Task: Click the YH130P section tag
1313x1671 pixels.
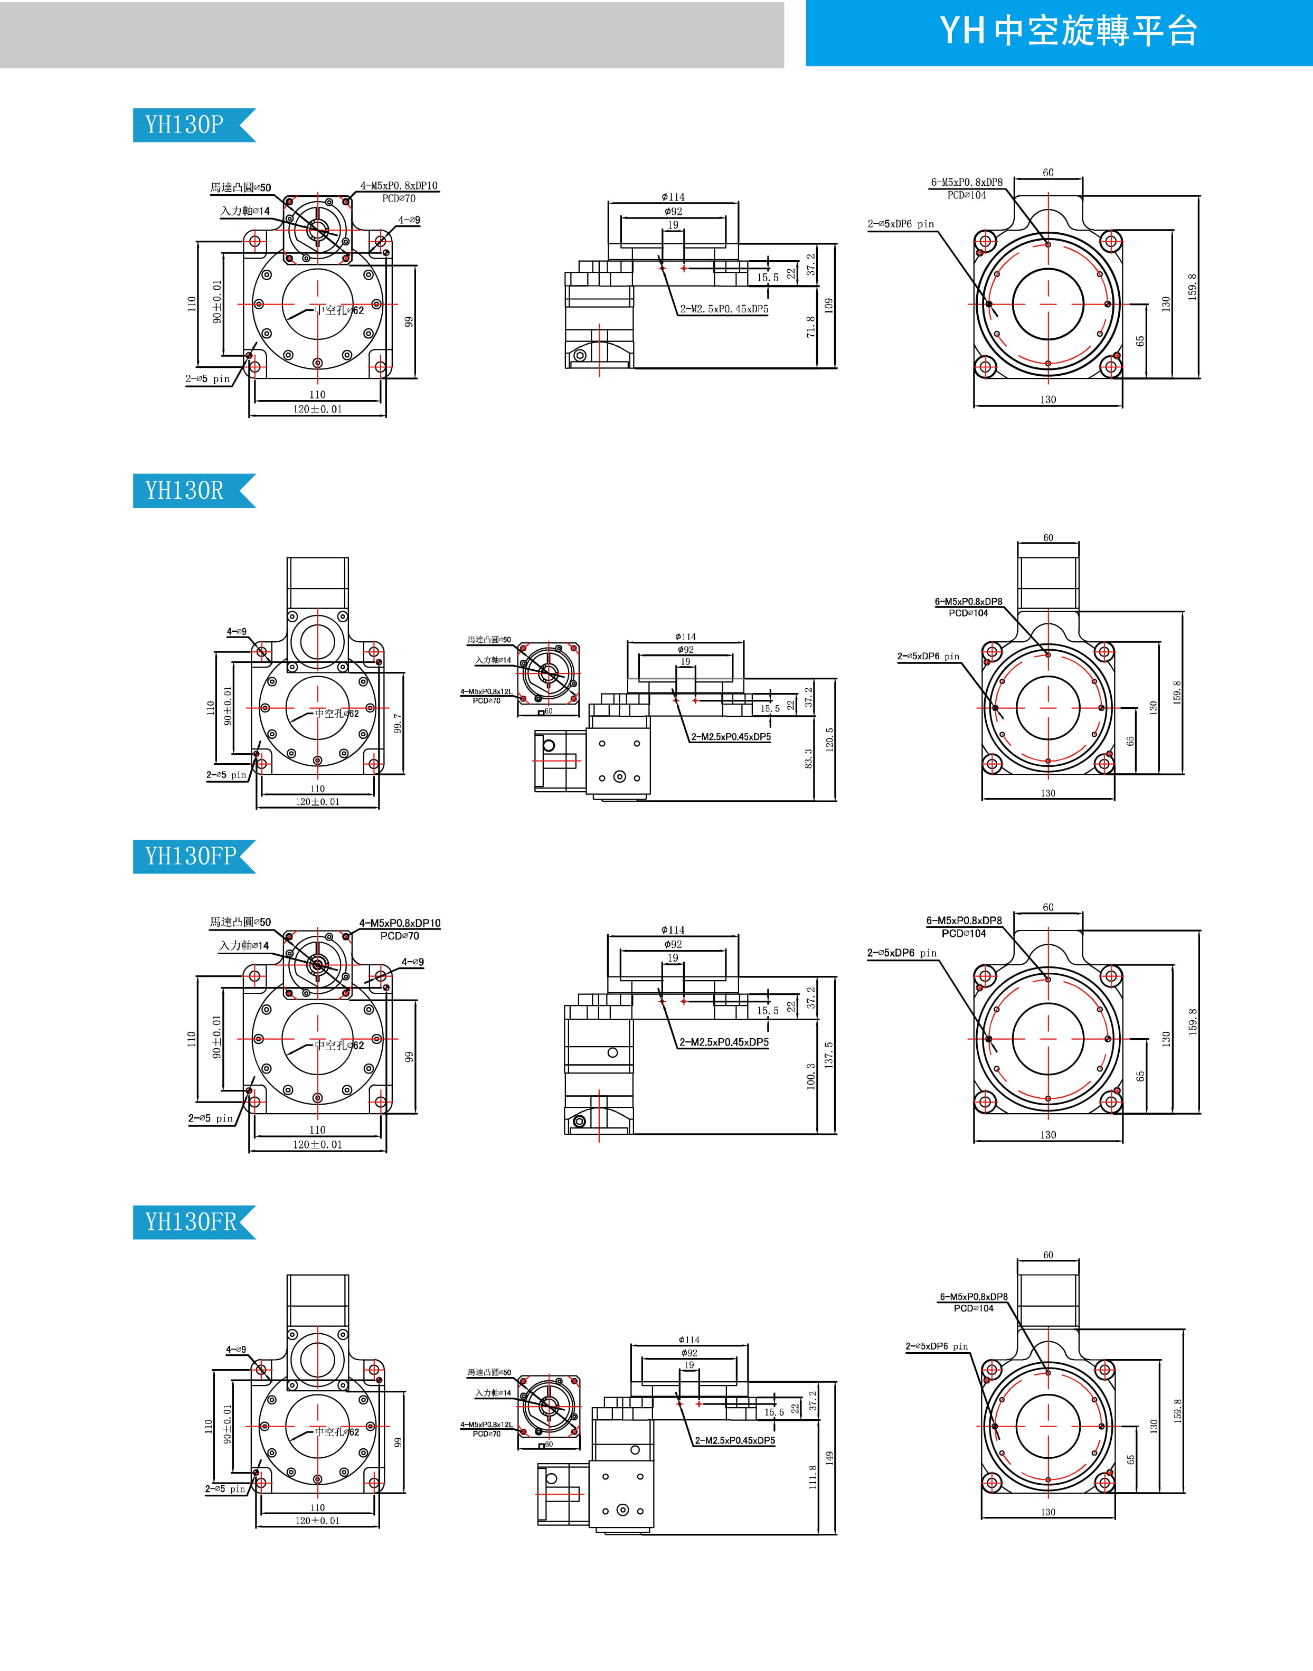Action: [184, 125]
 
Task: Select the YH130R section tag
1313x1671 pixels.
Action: [184, 490]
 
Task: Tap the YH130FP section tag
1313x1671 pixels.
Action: [191, 856]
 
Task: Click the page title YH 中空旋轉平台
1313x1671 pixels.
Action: [1068, 32]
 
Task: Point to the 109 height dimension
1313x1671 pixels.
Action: [829, 305]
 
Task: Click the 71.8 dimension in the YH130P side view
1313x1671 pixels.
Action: [811, 327]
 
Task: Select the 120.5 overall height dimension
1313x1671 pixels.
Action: [829, 739]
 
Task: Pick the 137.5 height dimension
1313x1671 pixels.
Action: [829, 1055]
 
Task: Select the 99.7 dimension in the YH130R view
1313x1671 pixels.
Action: [398, 723]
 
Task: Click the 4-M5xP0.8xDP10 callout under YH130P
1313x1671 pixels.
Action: [399, 186]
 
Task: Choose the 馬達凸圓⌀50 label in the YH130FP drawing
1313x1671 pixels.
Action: [241, 922]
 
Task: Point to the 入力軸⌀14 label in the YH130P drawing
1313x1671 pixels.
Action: [245, 211]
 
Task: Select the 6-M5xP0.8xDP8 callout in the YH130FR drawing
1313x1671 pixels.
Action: [973, 1297]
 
